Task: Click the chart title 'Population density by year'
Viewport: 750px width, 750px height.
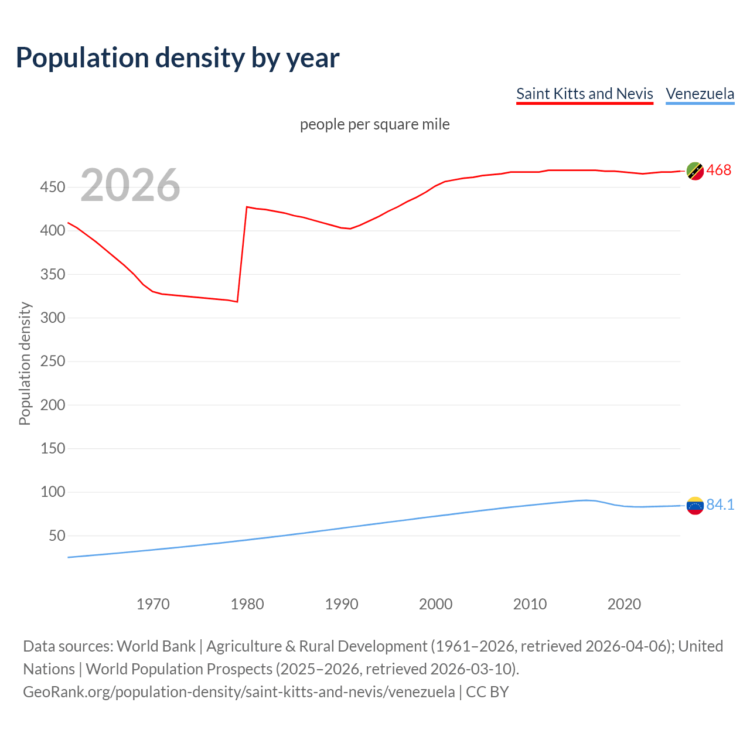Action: [178, 57]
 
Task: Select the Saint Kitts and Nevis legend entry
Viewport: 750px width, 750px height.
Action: [584, 94]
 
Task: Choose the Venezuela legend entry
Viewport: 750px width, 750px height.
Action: [700, 94]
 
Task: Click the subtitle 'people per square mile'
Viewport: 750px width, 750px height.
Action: [374, 124]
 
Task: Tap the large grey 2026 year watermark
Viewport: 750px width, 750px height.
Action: [130, 185]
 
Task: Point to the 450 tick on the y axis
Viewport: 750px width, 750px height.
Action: [53, 187]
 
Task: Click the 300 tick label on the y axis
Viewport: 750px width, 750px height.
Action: [53, 318]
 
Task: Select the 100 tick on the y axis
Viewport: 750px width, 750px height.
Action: [53, 492]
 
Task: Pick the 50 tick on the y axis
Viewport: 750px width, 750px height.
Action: [56, 536]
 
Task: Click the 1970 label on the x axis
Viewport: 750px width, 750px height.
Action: [153, 604]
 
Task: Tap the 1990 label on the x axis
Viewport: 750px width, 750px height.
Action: [342, 604]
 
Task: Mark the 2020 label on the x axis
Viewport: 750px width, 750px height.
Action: [624, 604]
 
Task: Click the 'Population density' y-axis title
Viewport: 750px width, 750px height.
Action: [25, 363]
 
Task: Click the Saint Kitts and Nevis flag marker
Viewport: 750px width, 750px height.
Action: [695, 171]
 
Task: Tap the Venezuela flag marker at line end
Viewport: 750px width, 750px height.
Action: [695, 505]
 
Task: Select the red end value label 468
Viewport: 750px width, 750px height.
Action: [719, 171]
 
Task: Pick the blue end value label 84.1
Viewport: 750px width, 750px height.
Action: [720, 504]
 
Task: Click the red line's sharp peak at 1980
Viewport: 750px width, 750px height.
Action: [247, 207]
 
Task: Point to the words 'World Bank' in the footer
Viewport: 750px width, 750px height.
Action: [156, 646]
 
